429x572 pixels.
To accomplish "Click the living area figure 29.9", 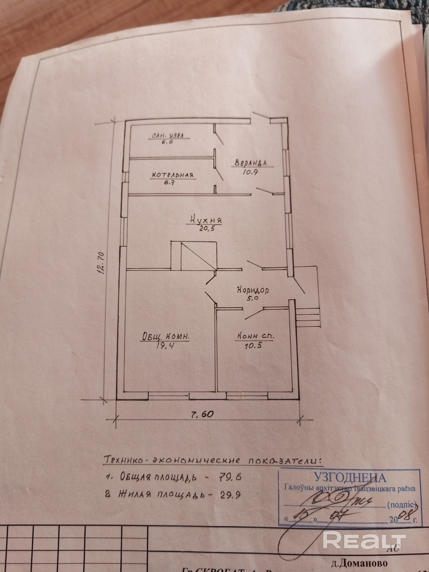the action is click(x=230, y=494).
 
